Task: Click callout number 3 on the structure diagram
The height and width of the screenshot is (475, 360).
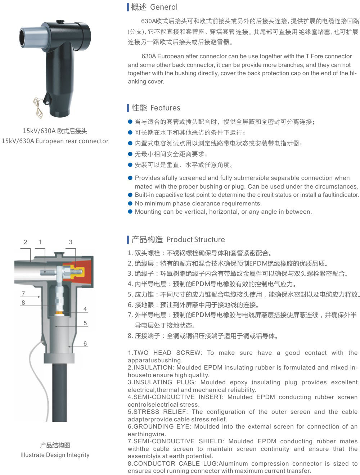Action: click(x=71, y=242)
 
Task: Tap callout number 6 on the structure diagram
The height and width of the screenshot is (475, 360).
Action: click(x=85, y=343)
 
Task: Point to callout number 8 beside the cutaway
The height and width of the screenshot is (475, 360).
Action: click(x=23, y=303)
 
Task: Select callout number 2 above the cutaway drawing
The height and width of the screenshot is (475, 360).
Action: click(x=26, y=242)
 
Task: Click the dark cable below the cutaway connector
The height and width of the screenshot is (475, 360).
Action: click(x=59, y=392)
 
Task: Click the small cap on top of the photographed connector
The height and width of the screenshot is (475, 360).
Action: click(x=60, y=22)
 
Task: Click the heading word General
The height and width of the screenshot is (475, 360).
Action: click(x=164, y=7)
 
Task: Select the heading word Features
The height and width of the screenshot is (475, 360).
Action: click(x=165, y=108)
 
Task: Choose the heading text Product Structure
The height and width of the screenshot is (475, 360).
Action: click(x=196, y=240)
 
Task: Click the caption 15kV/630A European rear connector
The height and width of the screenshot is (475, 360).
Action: click(x=55, y=141)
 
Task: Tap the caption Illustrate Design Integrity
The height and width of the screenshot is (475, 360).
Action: click(x=55, y=455)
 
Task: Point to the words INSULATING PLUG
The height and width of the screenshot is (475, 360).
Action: click(x=165, y=382)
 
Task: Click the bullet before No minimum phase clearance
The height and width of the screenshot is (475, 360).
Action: click(x=130, y=203)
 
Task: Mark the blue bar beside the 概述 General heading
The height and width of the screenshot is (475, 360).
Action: click(x=128, y=7)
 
